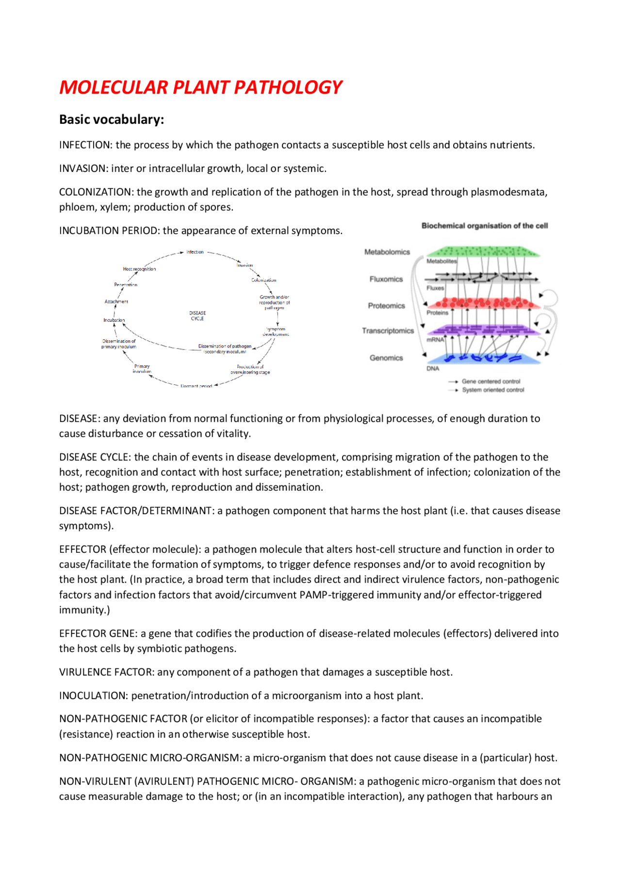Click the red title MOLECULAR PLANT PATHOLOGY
[200, 87]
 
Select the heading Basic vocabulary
[111, 119]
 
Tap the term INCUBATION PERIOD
[109, 231]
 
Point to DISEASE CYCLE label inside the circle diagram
[197, 316]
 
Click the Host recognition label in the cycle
[139, 269]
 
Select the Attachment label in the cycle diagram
[116, 301]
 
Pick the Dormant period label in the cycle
[196, 386]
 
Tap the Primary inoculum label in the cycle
[142, 369]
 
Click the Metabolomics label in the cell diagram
[387, 252]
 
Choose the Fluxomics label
[386, 279]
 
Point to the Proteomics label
[386, 306]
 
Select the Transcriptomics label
[388, 331]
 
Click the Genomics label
[386, 358]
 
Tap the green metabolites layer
[483, 251]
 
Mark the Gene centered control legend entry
[490, 381]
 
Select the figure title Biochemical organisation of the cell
[485, 226]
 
